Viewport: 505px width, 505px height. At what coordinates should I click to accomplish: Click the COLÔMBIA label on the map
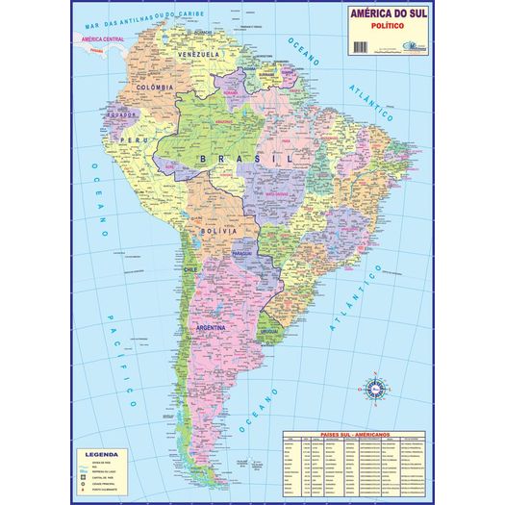click(x=153, y=88)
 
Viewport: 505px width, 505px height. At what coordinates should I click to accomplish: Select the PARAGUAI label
click(x=241, y=254)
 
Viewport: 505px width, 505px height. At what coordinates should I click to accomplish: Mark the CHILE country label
click(x=190, y=270)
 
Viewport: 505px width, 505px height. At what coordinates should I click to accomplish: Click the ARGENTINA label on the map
click(x=210, y=328)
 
